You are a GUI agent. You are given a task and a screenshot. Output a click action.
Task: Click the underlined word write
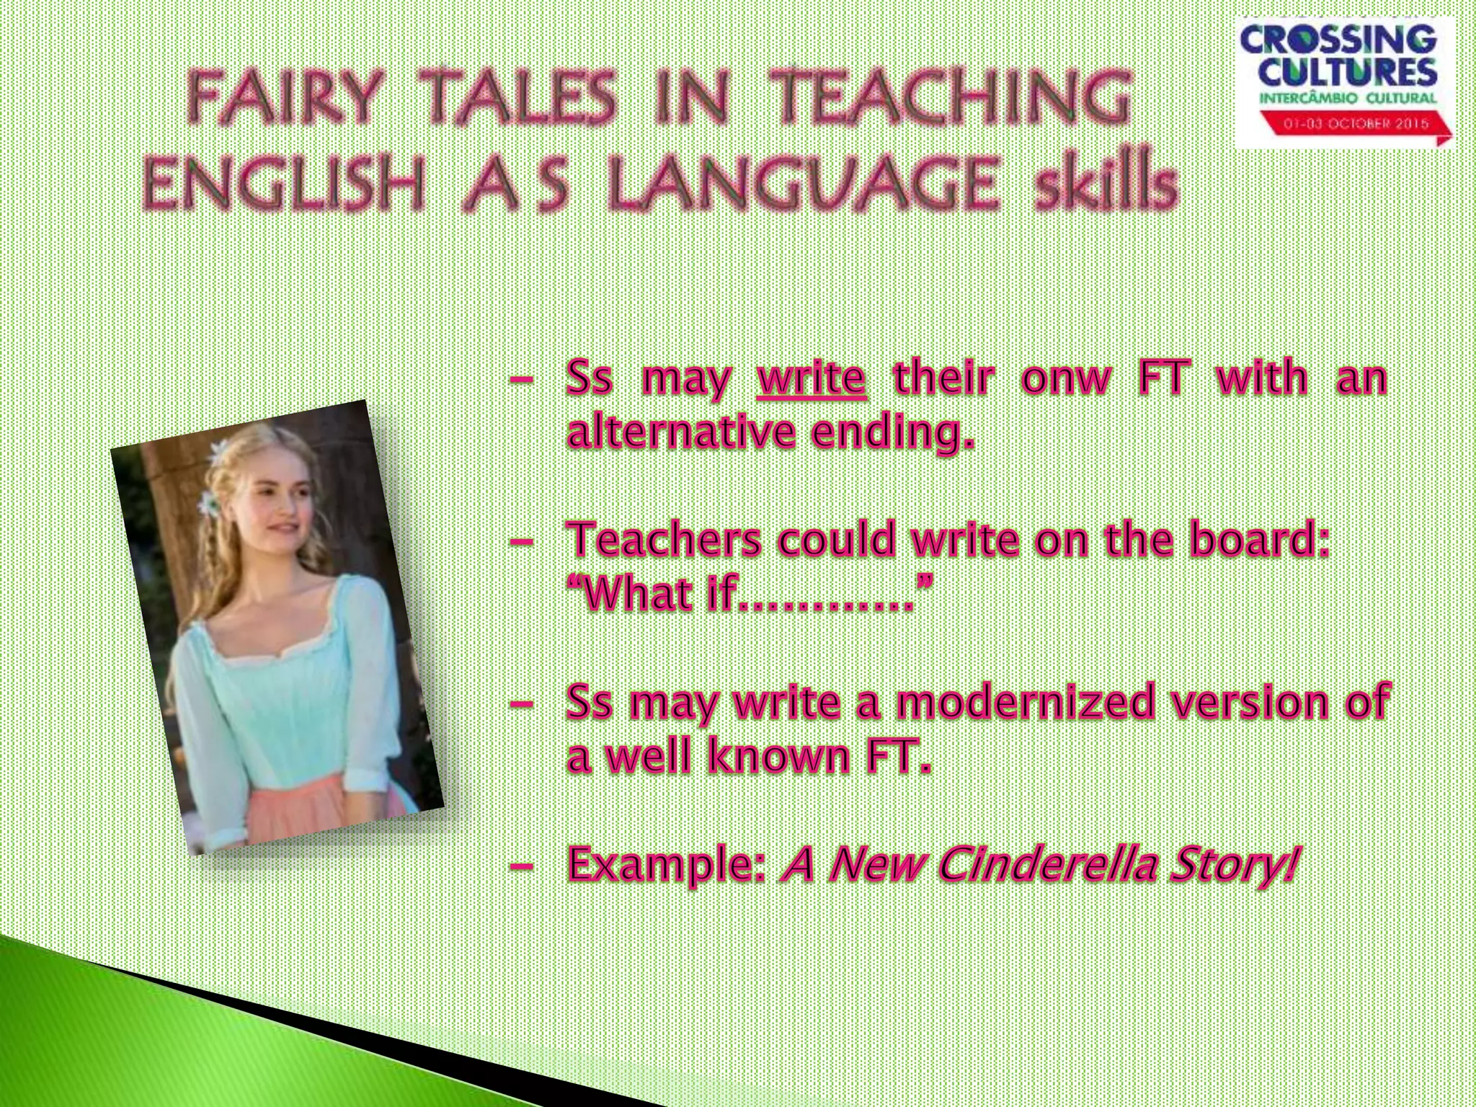point(811,378)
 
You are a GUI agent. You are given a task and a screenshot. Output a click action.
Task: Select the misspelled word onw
point(1066,378)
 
